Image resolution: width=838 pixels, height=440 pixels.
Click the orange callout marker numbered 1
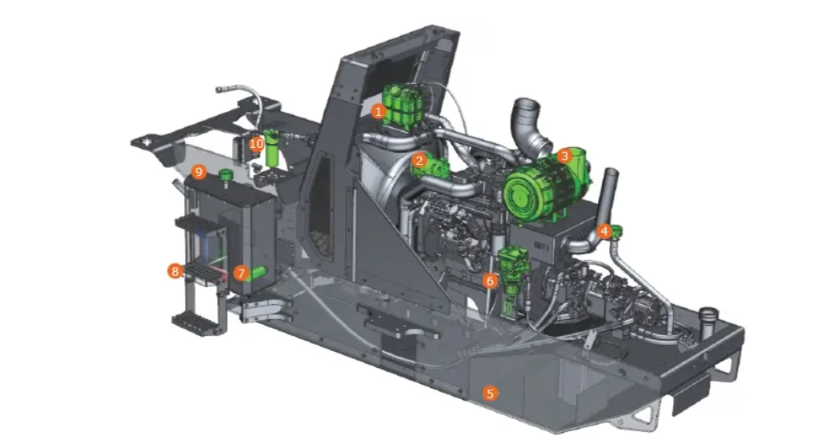379,112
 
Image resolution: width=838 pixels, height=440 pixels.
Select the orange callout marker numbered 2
419,160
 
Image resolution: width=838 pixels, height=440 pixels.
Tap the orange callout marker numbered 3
564,156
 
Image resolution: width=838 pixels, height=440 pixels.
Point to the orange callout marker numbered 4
604,231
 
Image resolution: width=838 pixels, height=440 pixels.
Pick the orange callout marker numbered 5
490,394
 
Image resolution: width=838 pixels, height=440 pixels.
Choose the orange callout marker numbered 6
490,280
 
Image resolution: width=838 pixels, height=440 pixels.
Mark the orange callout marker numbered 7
241,274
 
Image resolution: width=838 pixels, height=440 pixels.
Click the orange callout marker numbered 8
174,271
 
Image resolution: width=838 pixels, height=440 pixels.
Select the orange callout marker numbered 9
198,172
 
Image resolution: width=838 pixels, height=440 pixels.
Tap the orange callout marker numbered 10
257,144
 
